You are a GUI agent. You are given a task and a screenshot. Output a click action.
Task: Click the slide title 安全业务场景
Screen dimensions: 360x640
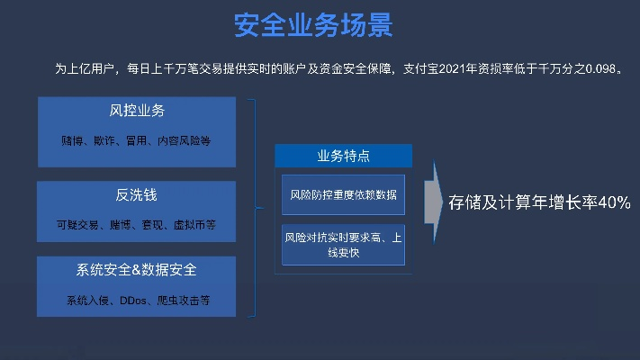point(313,25)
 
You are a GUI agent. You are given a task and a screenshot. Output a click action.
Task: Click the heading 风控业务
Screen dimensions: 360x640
point(137,112)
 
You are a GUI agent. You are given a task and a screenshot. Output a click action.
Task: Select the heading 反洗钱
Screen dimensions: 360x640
point(137,194)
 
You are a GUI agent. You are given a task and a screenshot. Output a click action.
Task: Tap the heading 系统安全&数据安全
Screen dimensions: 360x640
point(137,270)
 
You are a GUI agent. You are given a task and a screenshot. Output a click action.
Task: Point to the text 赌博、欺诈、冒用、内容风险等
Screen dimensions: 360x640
point(137,141)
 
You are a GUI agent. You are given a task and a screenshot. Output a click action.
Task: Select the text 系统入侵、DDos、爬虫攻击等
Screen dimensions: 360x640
point(137,300)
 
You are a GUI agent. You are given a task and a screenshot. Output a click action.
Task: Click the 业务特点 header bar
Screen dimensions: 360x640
point(343,156)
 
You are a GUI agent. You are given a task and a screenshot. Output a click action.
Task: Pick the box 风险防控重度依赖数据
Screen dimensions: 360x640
point(343,194)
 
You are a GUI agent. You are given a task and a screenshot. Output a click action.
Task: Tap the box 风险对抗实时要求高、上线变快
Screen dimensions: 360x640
point(343,245)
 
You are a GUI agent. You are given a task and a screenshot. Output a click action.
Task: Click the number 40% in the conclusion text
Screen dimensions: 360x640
point(613,202)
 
